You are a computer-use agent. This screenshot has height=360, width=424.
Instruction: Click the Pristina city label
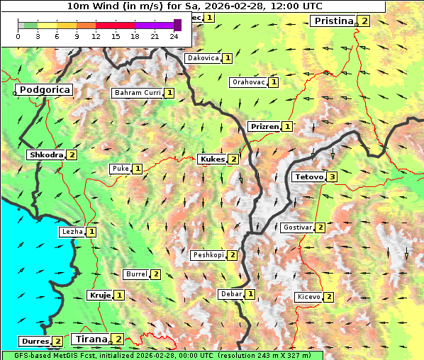pyautogui.click(x=333, y=21)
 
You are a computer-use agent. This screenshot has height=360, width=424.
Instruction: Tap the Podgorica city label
pyautogui.click(x=44, y=90)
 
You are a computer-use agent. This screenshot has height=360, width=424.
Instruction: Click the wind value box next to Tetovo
pyautogui.click(x=332, y=176)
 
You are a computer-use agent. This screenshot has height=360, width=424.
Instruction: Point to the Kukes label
pyautogui.click(x=212, y=159)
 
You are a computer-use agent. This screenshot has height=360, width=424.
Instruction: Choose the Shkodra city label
pyautogui.click(x=45, y=154)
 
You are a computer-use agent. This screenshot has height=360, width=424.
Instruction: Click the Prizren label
pyautogui.click(x=264, y=127)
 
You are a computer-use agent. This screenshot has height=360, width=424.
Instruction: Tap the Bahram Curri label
pyautogui.click(x=138, y=93)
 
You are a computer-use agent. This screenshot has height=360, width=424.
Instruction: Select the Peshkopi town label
pyautogui.click(x=208, y=255)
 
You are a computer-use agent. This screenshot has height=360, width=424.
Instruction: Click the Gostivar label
pyautogui.click(x=297, y=227)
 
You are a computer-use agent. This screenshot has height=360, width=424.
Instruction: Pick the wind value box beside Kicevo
pyautogui.click(x=329, y=297)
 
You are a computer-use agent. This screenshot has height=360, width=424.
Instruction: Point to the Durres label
pyautogui.click(x=35, y=342)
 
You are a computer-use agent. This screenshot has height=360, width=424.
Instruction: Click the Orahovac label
pyautogui.click(x=249, y=82)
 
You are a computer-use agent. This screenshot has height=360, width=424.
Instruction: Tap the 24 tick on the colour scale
pyautogui.click(x=174, y=37)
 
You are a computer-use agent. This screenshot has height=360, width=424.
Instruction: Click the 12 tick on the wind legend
pyautogui.click(x=96, y=37)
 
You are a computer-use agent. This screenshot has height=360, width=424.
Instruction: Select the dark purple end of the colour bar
pyautogui.click(x=177, y=26)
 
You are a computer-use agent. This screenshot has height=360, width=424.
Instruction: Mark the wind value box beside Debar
pyautogui.click(x=250, y=294)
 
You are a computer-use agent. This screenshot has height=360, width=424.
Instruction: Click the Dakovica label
pyautogui.click(x=202, y=58)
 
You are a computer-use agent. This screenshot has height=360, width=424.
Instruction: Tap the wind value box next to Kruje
pyautogui.click(x=119, y=296)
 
